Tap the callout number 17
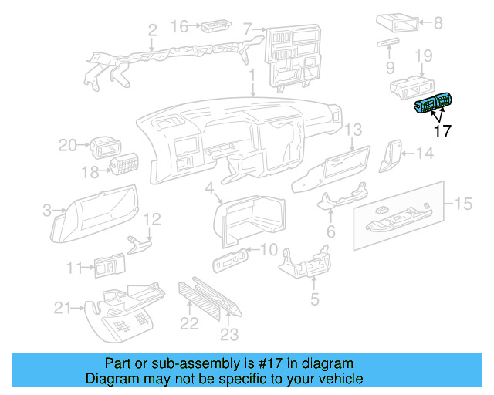pos(442,131)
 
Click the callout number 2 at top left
pos(152,30)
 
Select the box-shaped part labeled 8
pos(398,24)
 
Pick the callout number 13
pos(353,129)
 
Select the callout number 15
pos(462,204)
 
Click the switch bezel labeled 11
pos(109,267)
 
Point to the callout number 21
pos(63,309)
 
